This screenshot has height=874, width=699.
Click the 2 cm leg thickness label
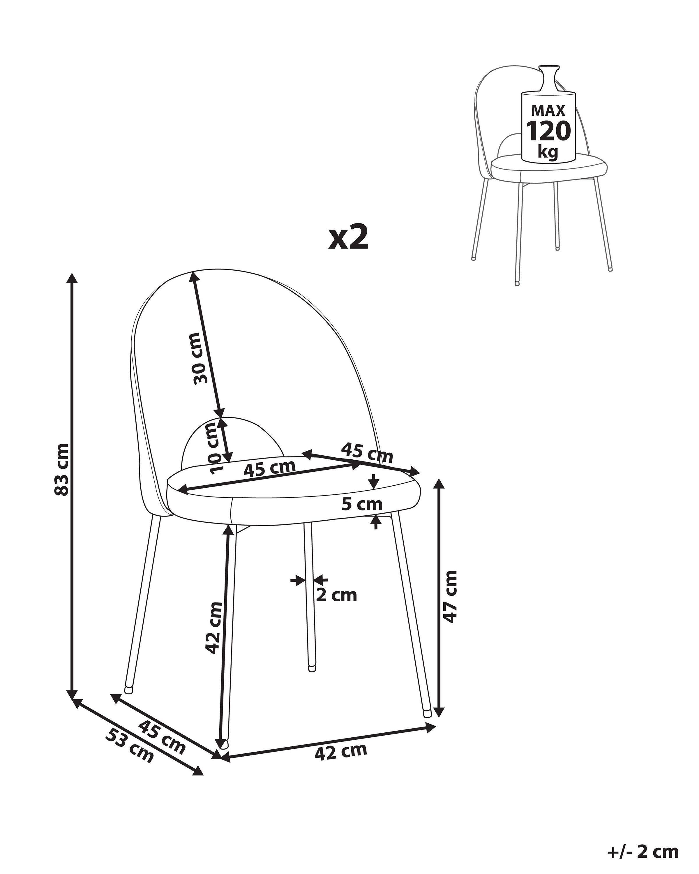[x=336, y=595]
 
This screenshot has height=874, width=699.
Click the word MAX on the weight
[x=548, y=110]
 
